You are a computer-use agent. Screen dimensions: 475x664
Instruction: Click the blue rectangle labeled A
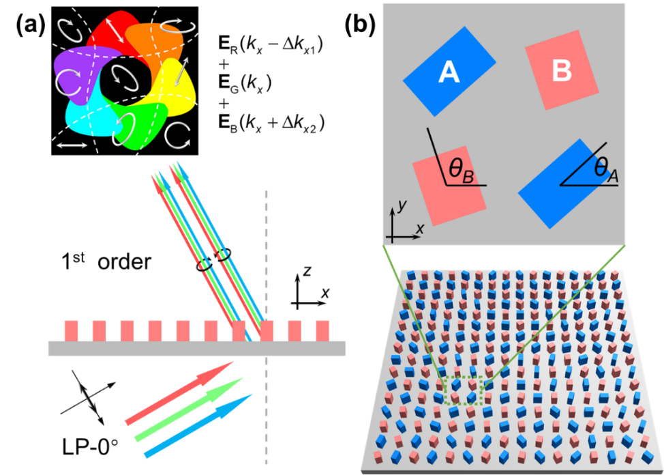[x=449, y=71]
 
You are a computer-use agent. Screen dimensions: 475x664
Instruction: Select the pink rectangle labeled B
[x=562, y=70]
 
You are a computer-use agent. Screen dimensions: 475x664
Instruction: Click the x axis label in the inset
[x=419, y=229]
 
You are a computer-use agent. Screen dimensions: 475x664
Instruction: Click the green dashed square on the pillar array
[x=464, y=390]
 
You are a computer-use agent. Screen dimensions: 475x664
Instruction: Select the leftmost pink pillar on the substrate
[x=72, y=330]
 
